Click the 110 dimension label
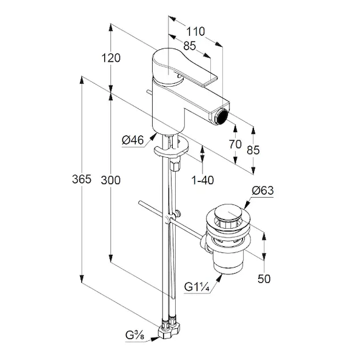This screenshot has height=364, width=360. [196, 32]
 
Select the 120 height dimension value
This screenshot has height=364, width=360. [111, 58]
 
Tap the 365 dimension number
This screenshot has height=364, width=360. [82, 179]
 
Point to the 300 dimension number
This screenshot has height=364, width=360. [111, 180]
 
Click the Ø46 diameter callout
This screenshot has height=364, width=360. [133, 140]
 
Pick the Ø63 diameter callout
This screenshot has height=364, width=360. [263, 190]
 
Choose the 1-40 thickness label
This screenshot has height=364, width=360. [202, 180]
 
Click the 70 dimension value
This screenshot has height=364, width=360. [235, 144]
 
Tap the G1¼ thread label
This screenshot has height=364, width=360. [197, 287]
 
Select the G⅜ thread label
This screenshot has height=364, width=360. [135, 335]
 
